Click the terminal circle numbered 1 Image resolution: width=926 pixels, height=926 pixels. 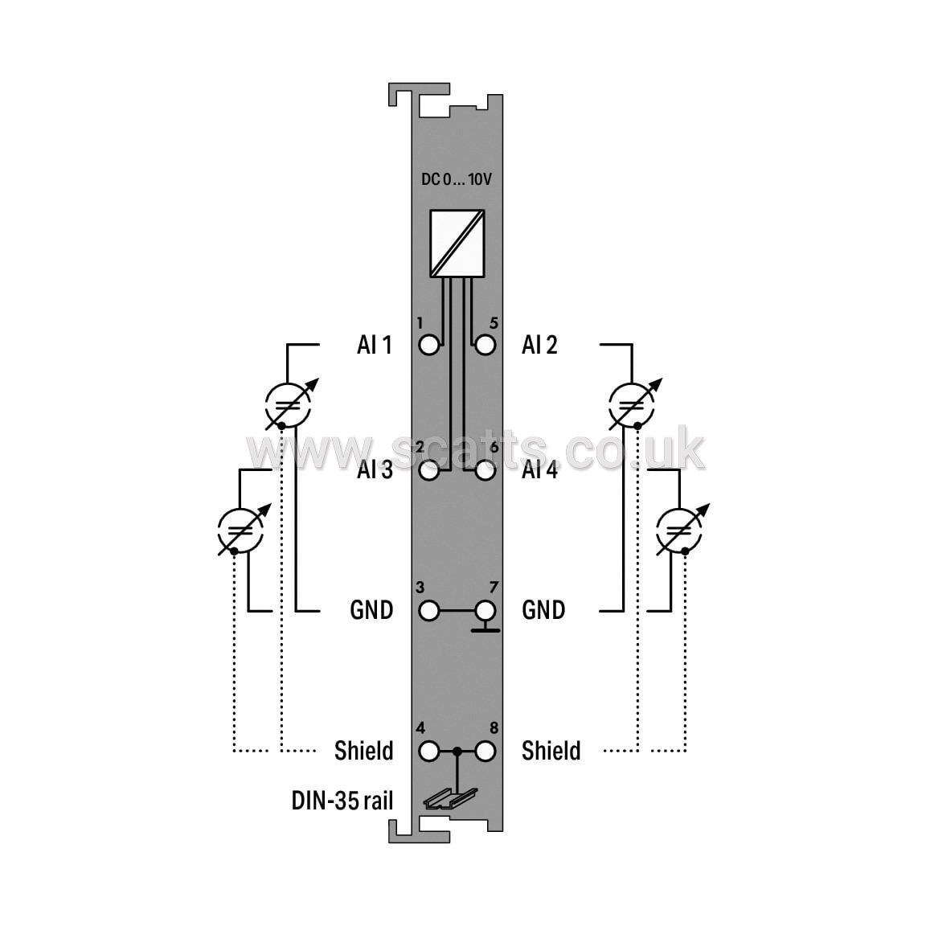(429, 345)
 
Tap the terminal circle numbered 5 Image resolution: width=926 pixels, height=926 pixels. (485, 345)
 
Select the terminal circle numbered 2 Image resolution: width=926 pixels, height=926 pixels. (429, 471)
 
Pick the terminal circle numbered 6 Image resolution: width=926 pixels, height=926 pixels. (485, 471)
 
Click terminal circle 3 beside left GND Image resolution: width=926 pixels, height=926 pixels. (429, 611)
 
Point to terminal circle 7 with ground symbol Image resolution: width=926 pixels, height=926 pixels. (486, 611)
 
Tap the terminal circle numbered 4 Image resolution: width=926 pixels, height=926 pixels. (429, 752)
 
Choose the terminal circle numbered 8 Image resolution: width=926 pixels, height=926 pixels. (485, 752)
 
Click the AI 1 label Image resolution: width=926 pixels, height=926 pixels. (375, 345)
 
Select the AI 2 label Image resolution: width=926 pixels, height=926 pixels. (540, 345)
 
